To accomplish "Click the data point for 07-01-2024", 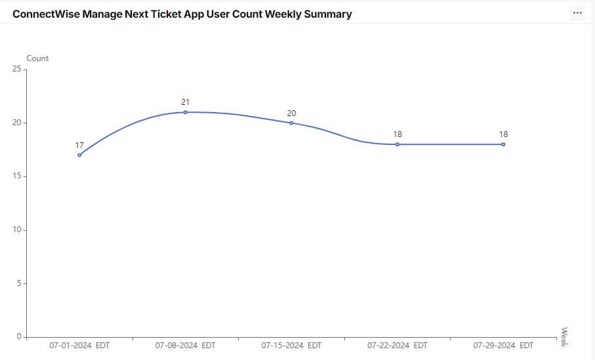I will [79, 155].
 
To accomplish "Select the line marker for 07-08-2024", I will [186, 112].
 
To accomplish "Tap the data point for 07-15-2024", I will [291, 123].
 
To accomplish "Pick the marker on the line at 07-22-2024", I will [398, 144].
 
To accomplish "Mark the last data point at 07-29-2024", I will [503, 144].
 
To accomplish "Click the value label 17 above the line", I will [79, 145].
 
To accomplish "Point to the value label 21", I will [186, 102].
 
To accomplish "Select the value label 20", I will [291, 113].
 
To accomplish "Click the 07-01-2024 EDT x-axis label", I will [79, 346].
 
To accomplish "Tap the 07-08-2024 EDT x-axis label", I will [186, 346].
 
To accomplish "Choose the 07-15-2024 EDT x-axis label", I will [291, 346].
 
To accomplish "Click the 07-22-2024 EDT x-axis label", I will [398, 346].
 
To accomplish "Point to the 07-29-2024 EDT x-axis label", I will [503, 346].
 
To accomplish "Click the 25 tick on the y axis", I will [16, 69].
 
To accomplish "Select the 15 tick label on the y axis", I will [16, 176].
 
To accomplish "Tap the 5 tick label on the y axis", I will [19, 283].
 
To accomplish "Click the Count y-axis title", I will [37, 58].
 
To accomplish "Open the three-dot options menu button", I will [577, 13].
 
